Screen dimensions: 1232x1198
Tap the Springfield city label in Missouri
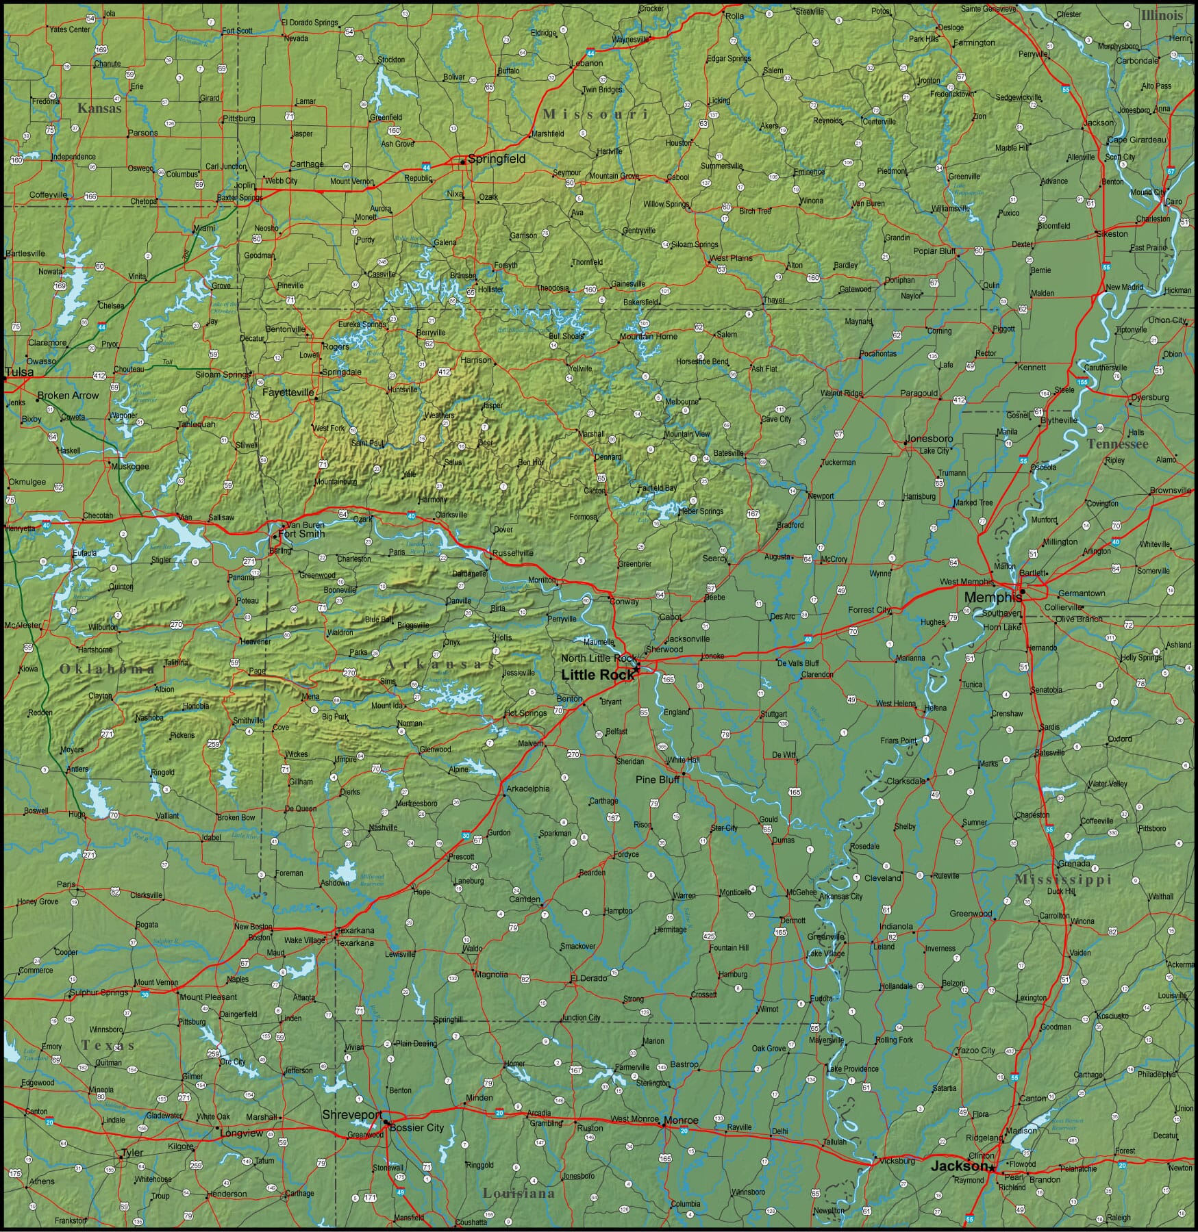point(497,159)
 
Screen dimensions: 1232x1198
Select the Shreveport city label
point(352,1115)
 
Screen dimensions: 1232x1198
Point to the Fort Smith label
point(301,534)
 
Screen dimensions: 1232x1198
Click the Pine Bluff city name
point(657,780)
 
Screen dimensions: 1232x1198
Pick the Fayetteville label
point(288,393)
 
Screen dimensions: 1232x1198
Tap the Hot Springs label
point(525,713)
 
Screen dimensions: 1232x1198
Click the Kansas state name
point(99,108)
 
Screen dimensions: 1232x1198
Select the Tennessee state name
point(1117,444)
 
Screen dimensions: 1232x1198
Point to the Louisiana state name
point(518,1193)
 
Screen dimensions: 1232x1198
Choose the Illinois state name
point(1162,15)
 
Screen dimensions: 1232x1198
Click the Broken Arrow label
point(68,396)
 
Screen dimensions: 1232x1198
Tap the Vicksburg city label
point(897,1161)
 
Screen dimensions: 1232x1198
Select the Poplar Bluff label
point(934,251)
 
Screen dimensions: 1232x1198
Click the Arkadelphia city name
point(527,788)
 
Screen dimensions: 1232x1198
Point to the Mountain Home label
point(648,336)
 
